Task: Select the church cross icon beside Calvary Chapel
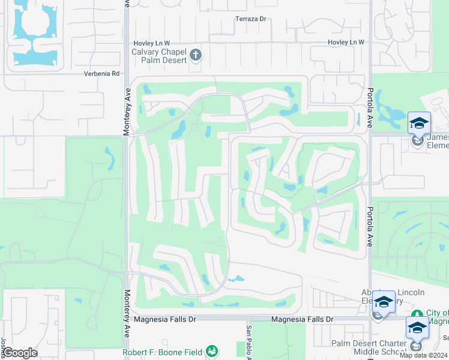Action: click(x=195, y=56)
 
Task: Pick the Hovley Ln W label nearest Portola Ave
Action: click(x=346, y=42)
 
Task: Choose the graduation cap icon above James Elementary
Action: click(x=419, y=123)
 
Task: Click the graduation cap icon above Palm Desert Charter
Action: click(x=417, y=327)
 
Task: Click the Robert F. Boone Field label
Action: click(x=162, y=352)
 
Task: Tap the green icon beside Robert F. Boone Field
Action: click(x=211, y=351)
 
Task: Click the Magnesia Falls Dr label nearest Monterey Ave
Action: click(x=167, y=320)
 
